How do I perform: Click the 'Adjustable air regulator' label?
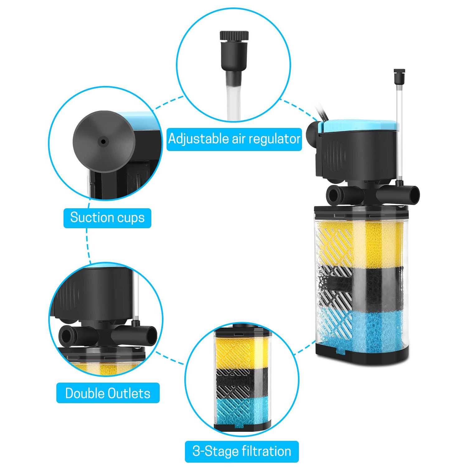coord(234,139)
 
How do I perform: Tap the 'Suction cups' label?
coord(107,218)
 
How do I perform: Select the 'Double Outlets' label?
coord(108,393)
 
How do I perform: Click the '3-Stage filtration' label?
coord(242,451)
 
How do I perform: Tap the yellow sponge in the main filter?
coord(361,244)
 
